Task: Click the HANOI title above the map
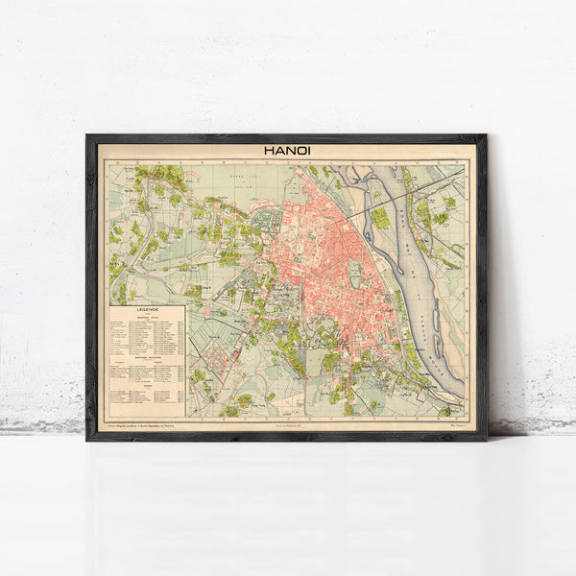286,150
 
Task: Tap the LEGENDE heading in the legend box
147,312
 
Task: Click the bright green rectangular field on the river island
380,218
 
